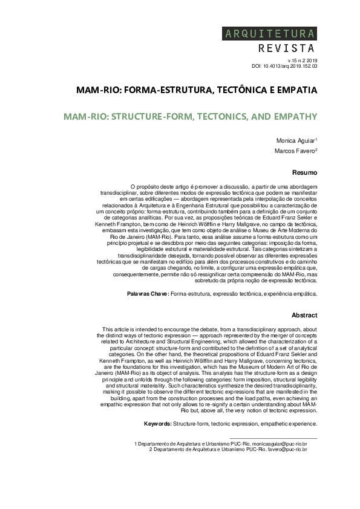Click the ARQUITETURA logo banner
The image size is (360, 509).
(x=270, y=33)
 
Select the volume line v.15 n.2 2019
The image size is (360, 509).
(x=298, y=60)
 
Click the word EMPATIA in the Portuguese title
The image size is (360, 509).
(x=294, y=90)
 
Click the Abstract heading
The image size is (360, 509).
(x=304, y=315)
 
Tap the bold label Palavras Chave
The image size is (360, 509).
(x=148, y=293)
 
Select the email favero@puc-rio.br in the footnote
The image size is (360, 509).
(x=289, y=449)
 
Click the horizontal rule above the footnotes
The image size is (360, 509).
(x=273, y=438)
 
